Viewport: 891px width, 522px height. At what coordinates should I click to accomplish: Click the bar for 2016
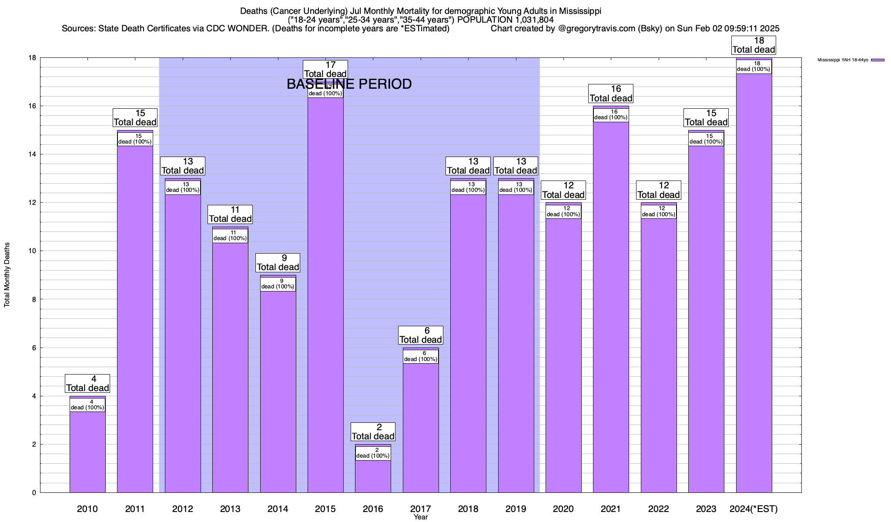tap(373, 476)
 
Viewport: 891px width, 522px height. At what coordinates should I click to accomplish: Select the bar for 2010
tap(87, 452)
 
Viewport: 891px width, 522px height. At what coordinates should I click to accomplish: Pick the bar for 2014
tap(278, 391)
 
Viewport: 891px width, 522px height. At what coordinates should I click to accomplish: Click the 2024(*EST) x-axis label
tap(754, 509)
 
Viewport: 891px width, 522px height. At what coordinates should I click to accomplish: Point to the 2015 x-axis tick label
tap(325, 509)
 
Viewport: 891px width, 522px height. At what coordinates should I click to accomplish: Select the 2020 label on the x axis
tap(563, 509)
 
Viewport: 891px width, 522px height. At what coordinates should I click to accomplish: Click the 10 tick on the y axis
tap(33, 251)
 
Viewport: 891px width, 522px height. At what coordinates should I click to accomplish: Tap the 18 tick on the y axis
tap(33, 58)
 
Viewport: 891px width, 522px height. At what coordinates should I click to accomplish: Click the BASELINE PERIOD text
tap(349, 84)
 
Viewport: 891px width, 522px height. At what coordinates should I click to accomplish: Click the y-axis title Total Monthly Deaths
tap(7, 275)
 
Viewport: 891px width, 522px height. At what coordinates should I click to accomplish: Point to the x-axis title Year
tap(421, 517)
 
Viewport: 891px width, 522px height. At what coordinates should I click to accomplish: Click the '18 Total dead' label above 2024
tap(754, 46)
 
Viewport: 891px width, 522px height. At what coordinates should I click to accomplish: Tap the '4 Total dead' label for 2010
tap(87, 384)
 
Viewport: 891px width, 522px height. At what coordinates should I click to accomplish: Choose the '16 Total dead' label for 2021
tap(611, 94)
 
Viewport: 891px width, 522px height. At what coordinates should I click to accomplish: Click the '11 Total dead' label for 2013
tap(230, 214)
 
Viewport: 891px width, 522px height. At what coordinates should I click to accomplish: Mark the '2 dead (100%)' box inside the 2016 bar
tap(373, 453)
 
